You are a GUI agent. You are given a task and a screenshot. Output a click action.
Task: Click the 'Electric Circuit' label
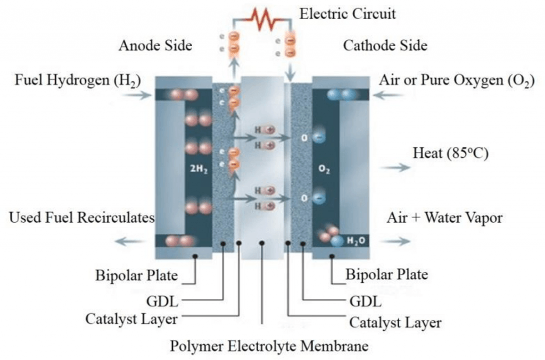pos(347,14)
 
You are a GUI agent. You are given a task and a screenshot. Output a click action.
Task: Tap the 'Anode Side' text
pos(155,46)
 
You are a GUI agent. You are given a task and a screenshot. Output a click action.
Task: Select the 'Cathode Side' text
pos(385,46)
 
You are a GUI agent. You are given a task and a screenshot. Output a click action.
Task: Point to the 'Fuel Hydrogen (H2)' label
pos(78,80)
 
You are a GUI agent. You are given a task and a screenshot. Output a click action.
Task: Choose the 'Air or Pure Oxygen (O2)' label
pos(456,80)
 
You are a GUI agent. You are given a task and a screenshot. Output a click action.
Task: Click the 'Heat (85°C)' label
pos(450,153)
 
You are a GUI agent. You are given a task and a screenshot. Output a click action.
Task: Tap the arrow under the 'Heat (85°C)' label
pos(395,168)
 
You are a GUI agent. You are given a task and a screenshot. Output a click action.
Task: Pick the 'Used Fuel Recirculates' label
pos(81,217)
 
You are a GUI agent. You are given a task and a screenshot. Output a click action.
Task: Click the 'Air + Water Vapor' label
pos(444,218)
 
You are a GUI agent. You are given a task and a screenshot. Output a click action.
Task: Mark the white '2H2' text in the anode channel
pos(199,170)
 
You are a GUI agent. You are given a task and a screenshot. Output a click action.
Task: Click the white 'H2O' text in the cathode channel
pos(356,240)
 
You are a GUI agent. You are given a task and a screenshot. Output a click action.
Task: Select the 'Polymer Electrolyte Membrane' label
pos(269,346)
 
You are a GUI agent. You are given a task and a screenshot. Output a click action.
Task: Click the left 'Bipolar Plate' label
pos(137,275)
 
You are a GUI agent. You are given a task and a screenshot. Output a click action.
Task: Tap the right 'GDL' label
pos(365,302)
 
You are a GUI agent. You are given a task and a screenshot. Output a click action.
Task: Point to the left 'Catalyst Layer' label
pos(131,319)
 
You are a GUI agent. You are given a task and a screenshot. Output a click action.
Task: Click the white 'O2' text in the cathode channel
pos(324,169)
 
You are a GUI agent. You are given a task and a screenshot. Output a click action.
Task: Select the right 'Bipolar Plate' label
pos(386,274)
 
